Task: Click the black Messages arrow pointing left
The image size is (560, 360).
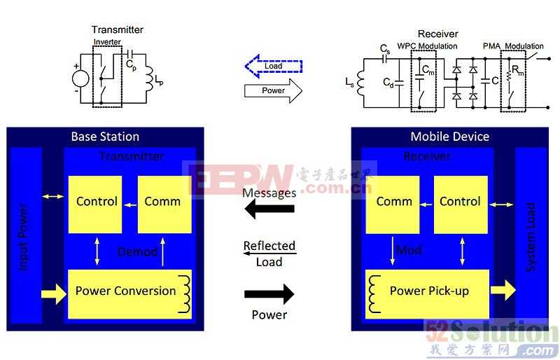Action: pyautogui.click(x=269, y=210)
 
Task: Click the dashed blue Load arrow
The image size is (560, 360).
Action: pyautogui.click(x=273, y=67)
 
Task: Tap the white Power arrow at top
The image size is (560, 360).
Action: pyautogui.click(x=273, y=90)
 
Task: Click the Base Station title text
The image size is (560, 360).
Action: pyautogui.click(x=105, y=137)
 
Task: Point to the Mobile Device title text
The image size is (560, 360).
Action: pyautogui.click(x=449, y=137)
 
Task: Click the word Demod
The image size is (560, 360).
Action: pyautogui.click(x=136, y=251)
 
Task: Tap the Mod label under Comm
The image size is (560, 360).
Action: pyautogui.click(x=409, y=250)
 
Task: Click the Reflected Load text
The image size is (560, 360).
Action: pyautogui.click(x=269, y=254)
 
